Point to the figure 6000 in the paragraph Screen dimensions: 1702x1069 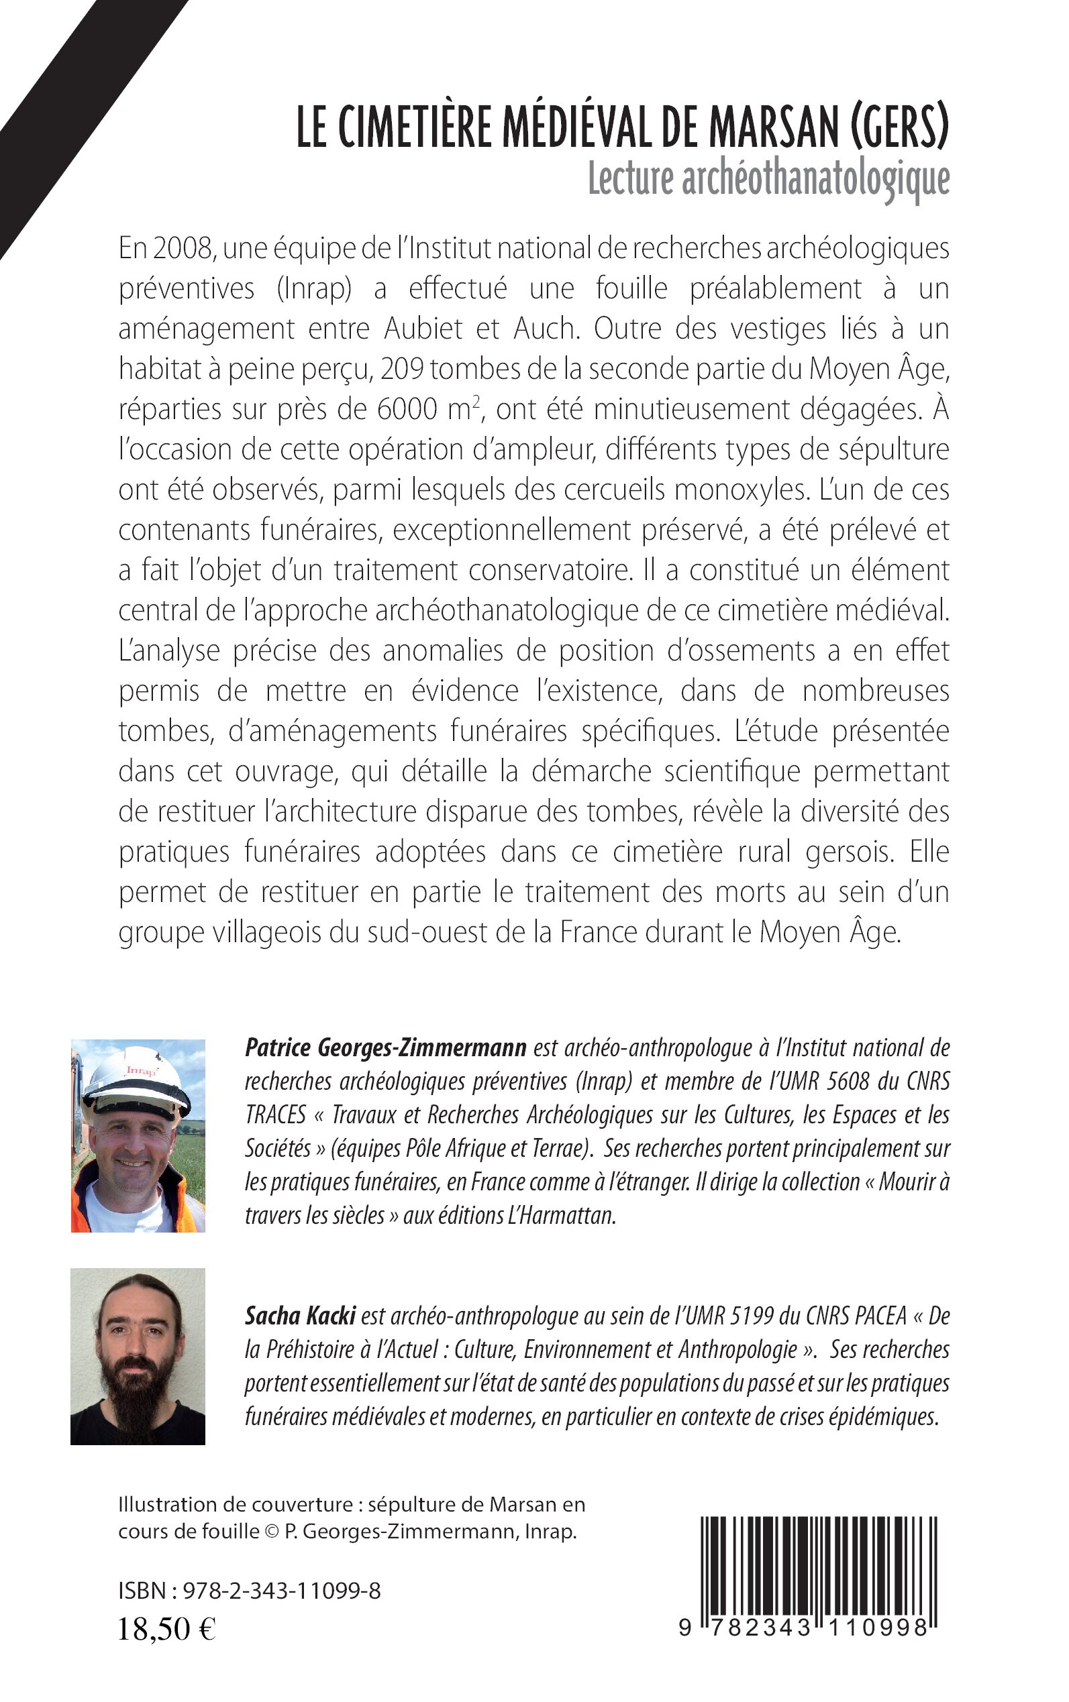tap(407, 409)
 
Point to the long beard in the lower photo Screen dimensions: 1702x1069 tap(138, 1407)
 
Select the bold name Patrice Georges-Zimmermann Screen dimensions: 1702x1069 tap(385, 1047)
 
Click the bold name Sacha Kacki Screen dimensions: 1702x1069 tap(300, 1316)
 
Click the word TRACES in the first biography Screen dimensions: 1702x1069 tap(275, 1115)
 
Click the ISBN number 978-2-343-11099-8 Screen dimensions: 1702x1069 tap(281, 1591)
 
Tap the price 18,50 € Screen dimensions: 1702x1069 tap(167, 1629)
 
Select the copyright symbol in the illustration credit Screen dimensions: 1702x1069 tap(272, 1532)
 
